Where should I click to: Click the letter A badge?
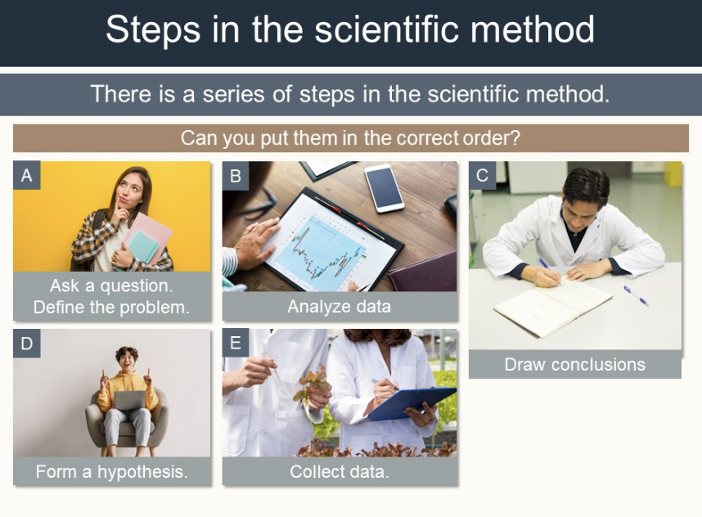click(x=27, y=175)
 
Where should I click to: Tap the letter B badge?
click(x=236, y=175)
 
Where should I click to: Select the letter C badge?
click(x=482, y=175)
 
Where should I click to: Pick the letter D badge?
click(x=27, y=344)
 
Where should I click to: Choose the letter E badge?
click(x=236, y=343)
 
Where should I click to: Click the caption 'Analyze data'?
click(x=340, y=307)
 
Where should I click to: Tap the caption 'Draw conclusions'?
click(x=575, y=364)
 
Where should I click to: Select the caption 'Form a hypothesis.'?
click(x=112, y=471)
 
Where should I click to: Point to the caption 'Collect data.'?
click(x=340, y=471)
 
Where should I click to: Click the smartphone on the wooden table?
click(x=384, y=188)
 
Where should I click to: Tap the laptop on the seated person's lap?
click(x=129, y=400)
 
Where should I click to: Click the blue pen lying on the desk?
click(x=636, y=296)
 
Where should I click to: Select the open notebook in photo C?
click(x=553, y=307)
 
